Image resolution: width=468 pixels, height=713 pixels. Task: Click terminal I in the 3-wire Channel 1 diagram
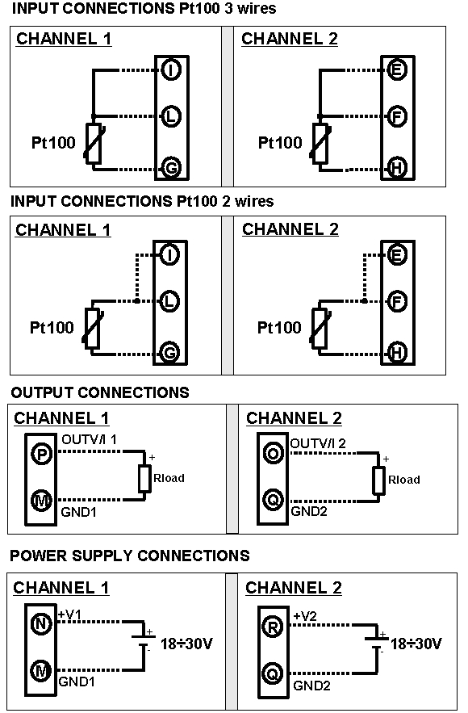click(x=171, y=69)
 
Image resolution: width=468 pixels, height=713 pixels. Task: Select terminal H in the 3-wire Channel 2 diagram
click(x=396, y=167)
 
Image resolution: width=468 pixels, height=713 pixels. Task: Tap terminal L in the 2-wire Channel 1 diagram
click(x=169, y=301)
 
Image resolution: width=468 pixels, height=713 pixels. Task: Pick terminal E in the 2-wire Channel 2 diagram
click(x=396, y=256)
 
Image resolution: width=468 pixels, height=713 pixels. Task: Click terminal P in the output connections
click(x=40, y=455)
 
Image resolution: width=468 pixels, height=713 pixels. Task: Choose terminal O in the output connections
click(x=274, y=455)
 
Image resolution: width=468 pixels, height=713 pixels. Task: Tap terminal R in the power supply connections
click(x=274, y=624)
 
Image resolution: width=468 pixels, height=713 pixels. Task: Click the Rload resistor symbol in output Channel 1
click(x=145, y=478)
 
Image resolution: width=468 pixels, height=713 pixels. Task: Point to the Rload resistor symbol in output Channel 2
click(x=378, y=480)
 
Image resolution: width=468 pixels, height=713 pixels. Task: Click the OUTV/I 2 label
click(x=318, y=443)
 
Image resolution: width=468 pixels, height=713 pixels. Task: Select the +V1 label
click(x=71, y=615)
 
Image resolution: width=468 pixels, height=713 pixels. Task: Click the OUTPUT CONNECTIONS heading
click(x=100, y=392)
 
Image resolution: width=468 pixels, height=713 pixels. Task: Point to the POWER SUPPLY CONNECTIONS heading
click(x=130, y=556)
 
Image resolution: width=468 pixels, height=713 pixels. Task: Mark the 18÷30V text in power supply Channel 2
click(x=416, y=644)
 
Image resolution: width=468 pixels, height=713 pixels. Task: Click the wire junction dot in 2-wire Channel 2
click(x=366, y=301)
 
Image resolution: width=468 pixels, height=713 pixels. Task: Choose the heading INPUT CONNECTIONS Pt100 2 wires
click(x=142, y=201)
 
